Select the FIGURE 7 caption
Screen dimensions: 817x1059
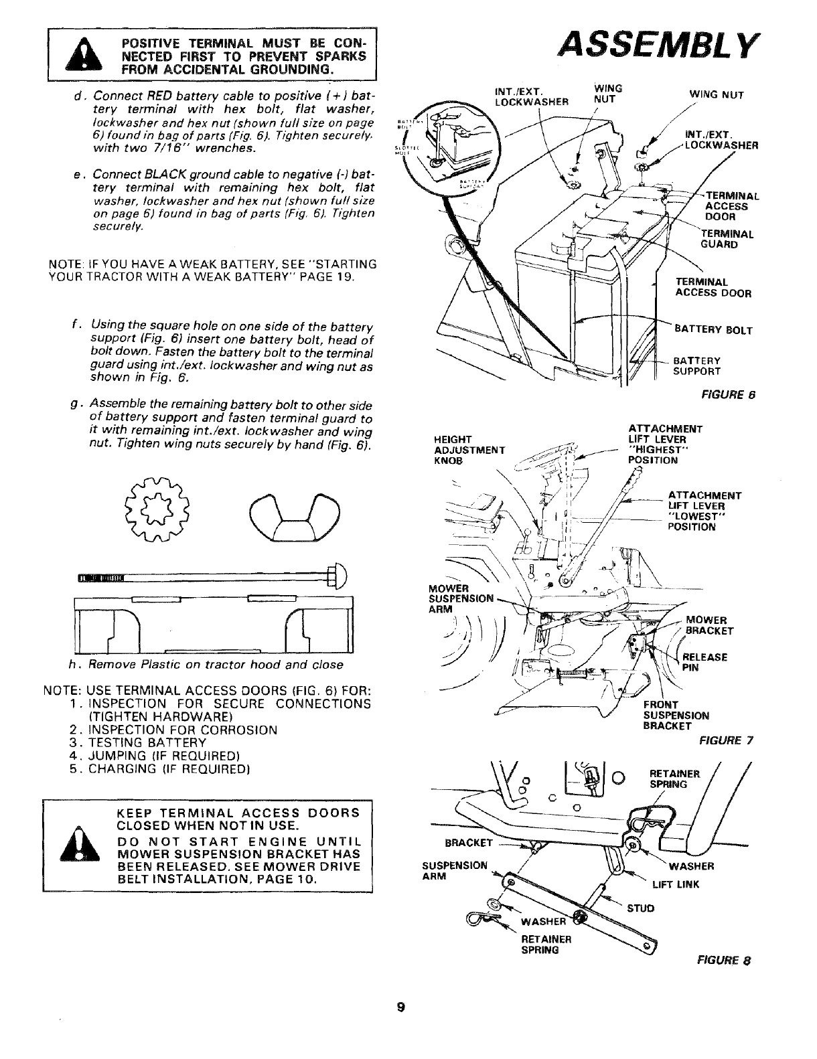(726, 740)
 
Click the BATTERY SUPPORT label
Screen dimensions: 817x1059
(696, 365)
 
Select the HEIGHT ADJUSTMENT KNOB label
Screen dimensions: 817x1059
(469, 450)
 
